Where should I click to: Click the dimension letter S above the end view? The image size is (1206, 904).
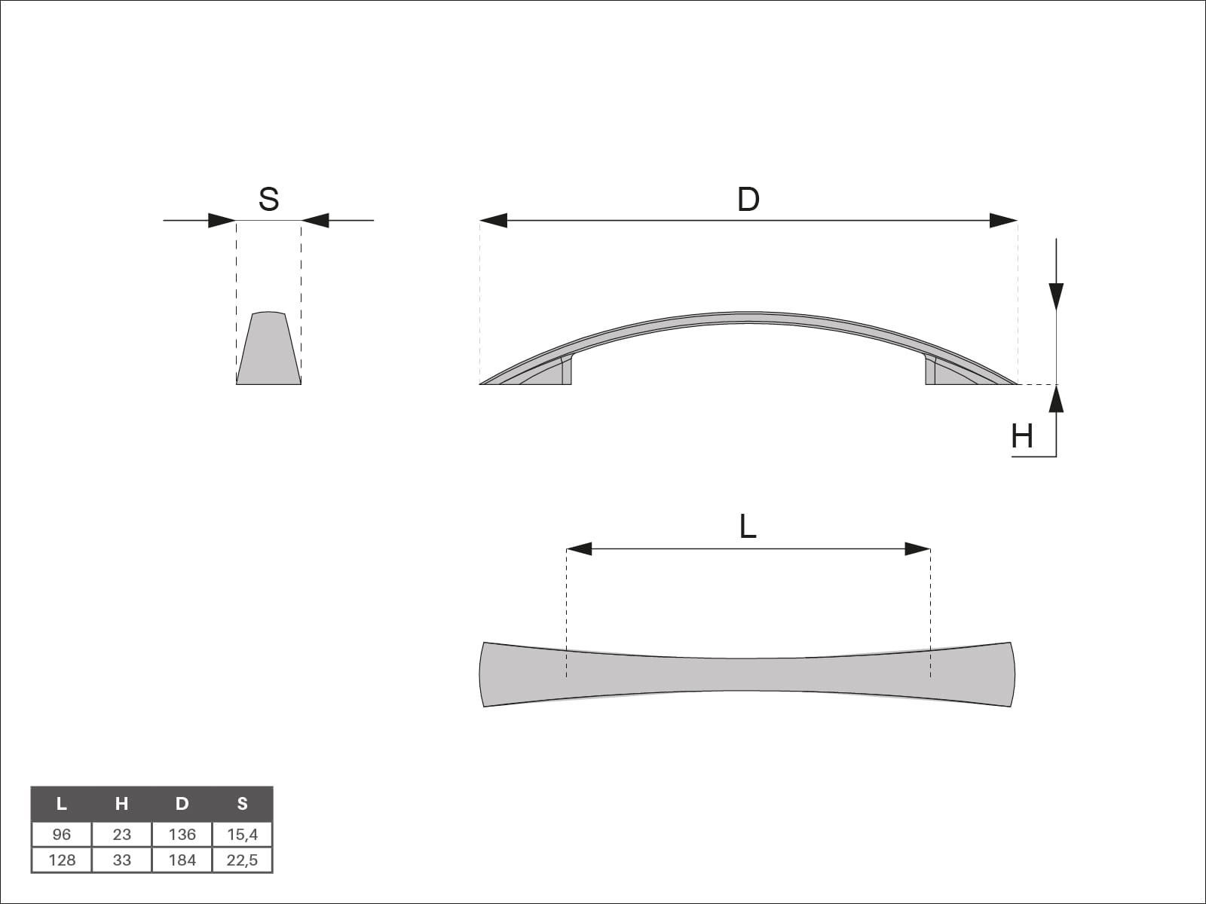[x=268, y=199]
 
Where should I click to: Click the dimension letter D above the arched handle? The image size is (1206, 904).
[x=748, y=199]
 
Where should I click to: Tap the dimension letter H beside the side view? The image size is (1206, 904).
[x=1022, y=437]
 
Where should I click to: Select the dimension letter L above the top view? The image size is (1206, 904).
[x=748, y=527]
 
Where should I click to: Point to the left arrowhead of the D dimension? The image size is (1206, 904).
[x=494, y=221]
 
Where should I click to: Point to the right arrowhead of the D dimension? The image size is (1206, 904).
[x=1003, y=221]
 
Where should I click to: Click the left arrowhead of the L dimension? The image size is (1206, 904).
[x=579, y=549]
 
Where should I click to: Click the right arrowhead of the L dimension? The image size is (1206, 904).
[x=917, y=549]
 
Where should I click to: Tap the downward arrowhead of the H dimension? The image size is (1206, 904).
[x=1056, y=296]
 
